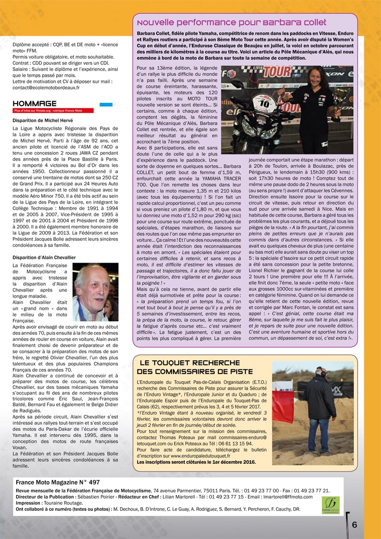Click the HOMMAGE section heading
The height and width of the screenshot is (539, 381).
point(35,103)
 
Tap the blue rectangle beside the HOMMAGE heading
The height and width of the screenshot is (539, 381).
point(106,104)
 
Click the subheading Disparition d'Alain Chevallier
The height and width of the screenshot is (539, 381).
point(44,257)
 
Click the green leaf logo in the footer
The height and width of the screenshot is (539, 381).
point(330,502)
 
